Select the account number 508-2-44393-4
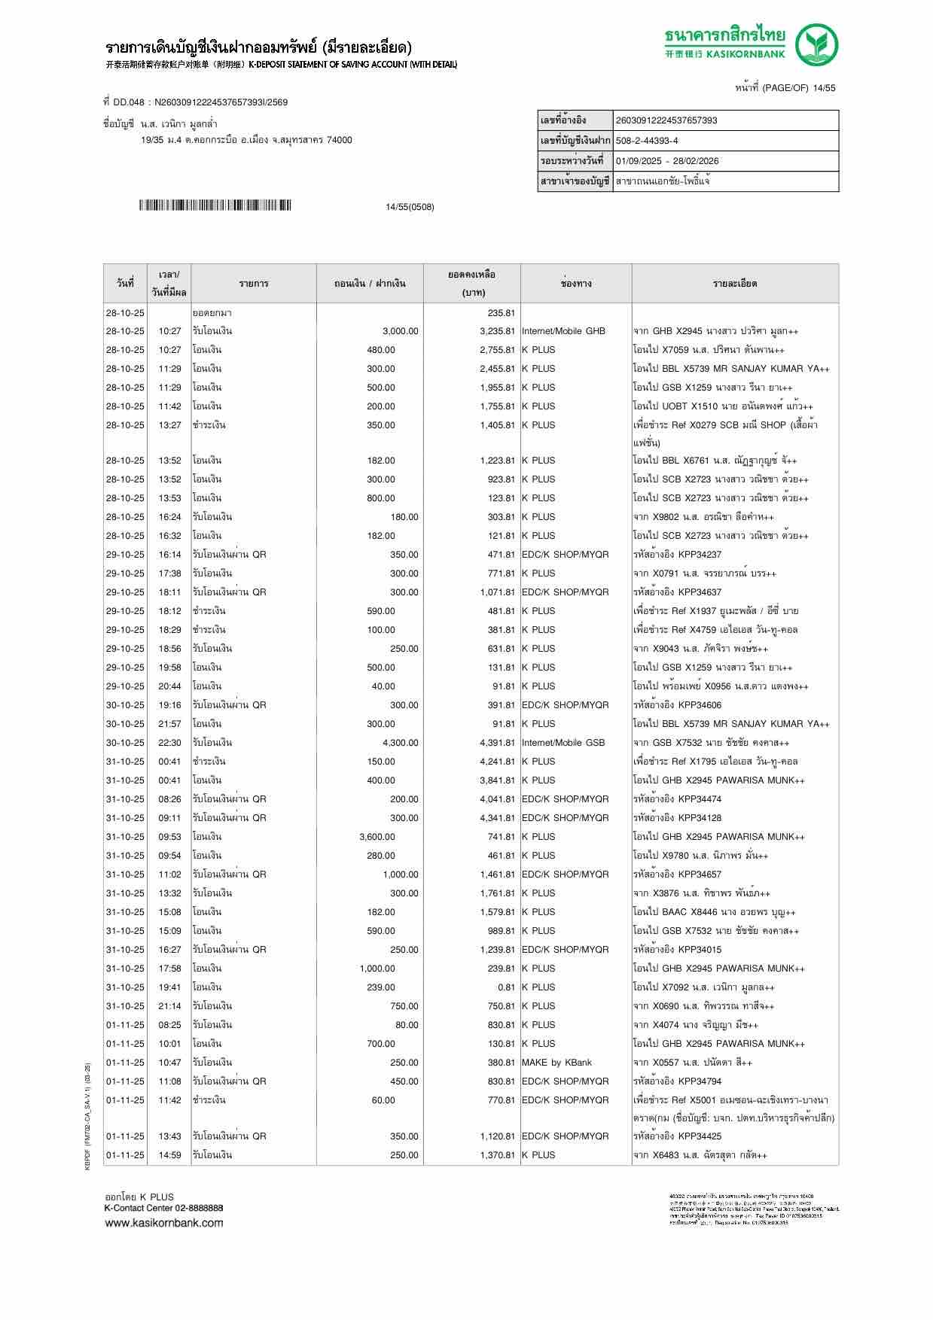point(647,141)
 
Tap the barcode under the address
point(215,205)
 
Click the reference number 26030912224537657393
point(666,120)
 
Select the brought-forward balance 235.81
point(501,312)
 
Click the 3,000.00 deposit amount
point(400,331)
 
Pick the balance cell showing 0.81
point(506,987)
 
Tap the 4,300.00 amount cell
point(400,743)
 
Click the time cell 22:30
point(169,743)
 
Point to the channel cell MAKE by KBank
point(556,1063)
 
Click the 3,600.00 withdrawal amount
point(377,837)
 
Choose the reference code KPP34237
point(700,555)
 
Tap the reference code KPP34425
point(700,1136)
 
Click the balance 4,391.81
point(497,743)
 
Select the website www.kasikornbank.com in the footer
point(164,1222)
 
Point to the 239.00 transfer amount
point(380,987)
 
